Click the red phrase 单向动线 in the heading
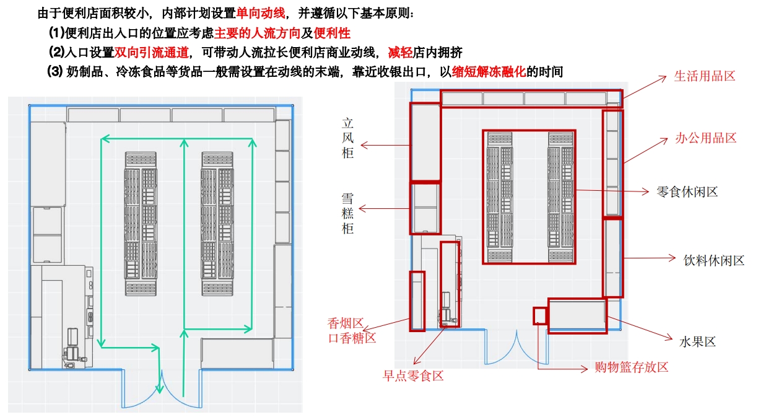(262, 13)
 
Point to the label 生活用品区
(704, 76)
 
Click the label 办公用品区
(705, 138)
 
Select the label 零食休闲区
(687, 192)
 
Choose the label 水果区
(697, 342)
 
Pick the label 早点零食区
(413, 376)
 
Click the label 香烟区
(346, 323)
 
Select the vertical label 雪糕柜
(348, 213)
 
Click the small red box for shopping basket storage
(540, 315)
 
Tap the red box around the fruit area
(577, 315)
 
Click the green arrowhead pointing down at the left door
(160, 388)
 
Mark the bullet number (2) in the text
(56, 52)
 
